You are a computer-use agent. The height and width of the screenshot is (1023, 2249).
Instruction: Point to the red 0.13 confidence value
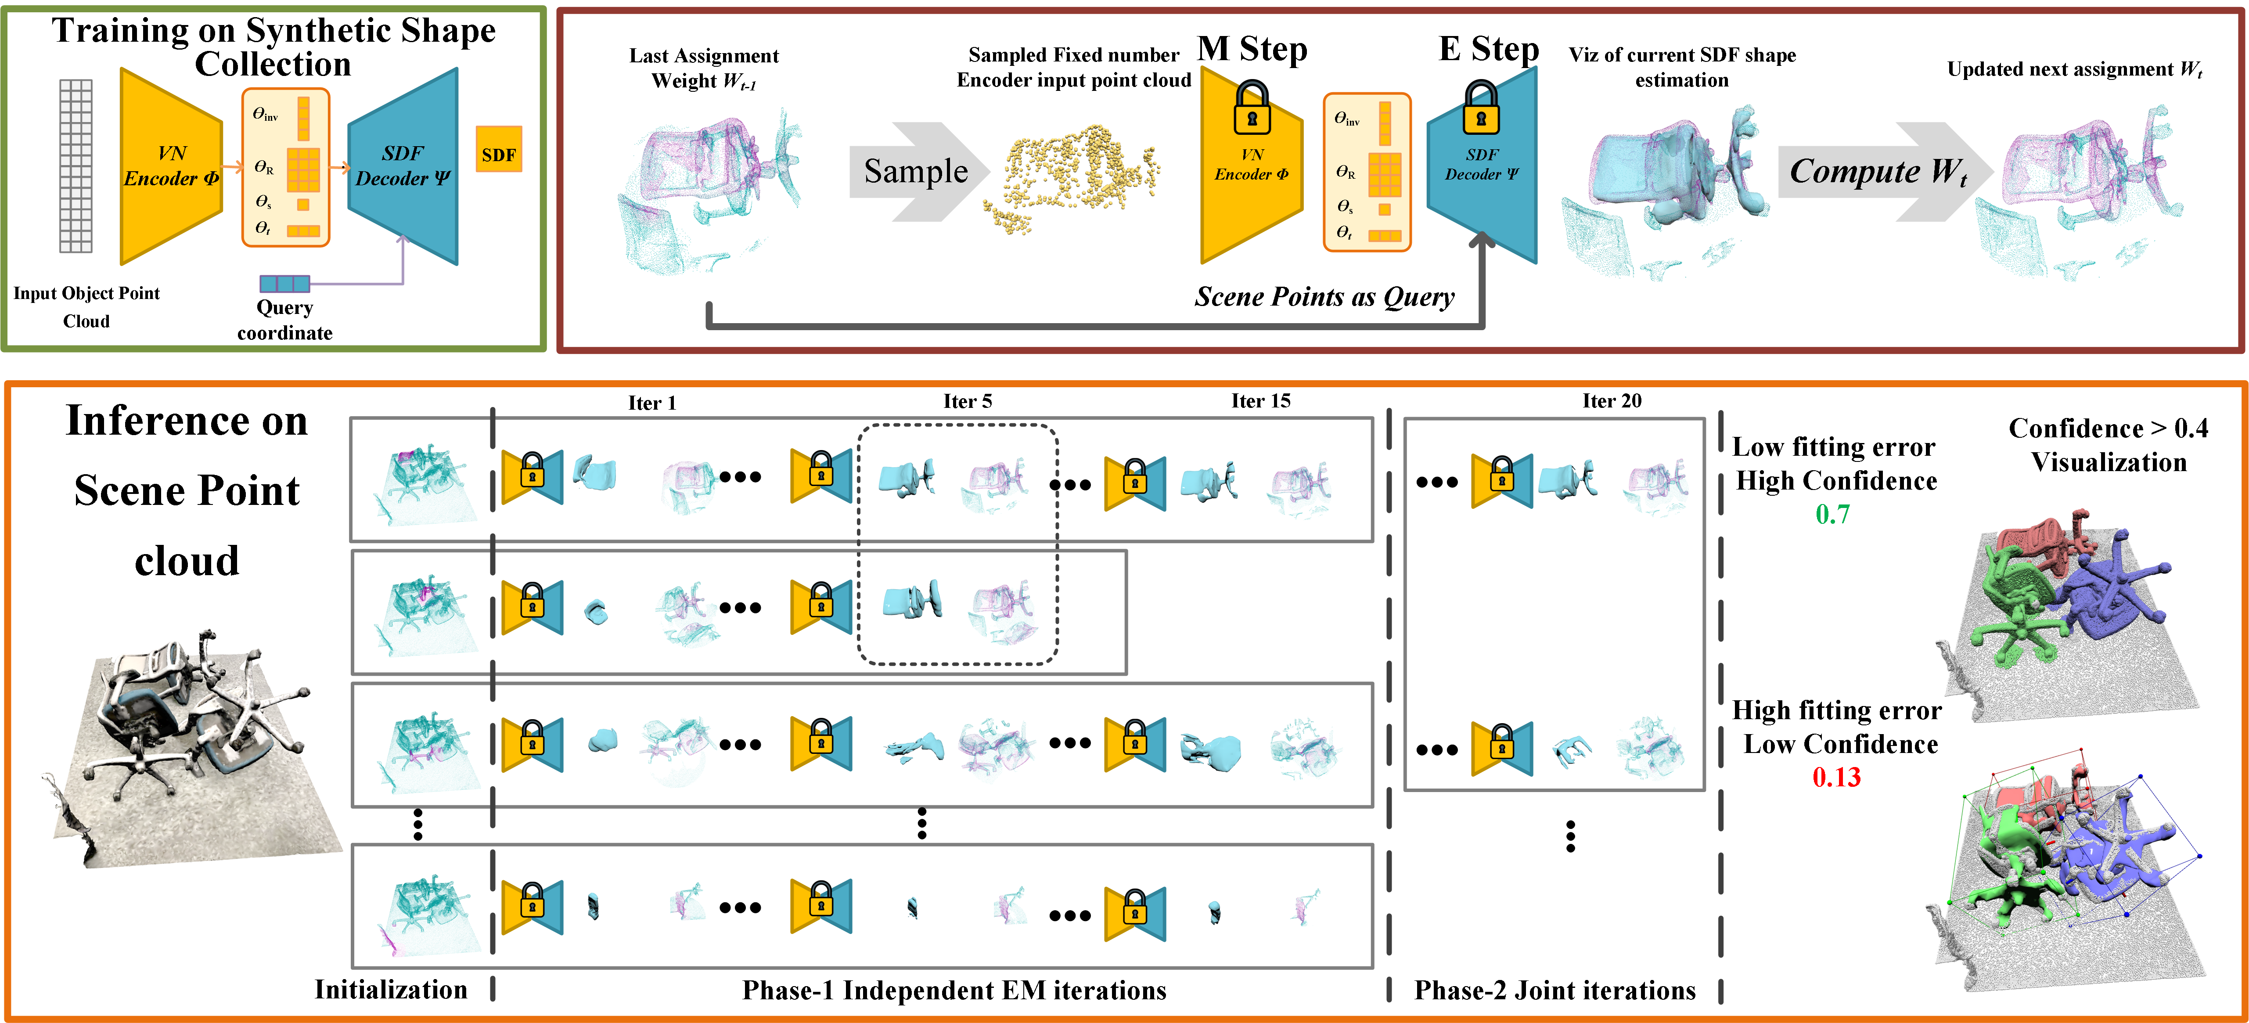coord(1836,777)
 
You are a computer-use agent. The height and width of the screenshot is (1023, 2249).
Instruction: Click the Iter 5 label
coord(968,402)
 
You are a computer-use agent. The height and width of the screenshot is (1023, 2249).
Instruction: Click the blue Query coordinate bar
coord(284,284)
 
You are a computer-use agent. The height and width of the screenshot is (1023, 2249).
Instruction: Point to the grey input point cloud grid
coord(76,166)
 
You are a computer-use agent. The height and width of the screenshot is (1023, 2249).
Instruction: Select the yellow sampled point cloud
coord(1074,179)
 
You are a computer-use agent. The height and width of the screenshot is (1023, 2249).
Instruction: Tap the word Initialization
coord(391,990)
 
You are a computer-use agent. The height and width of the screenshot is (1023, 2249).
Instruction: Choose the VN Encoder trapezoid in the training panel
coord(170,166)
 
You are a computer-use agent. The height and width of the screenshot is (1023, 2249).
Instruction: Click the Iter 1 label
coord(652,402)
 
